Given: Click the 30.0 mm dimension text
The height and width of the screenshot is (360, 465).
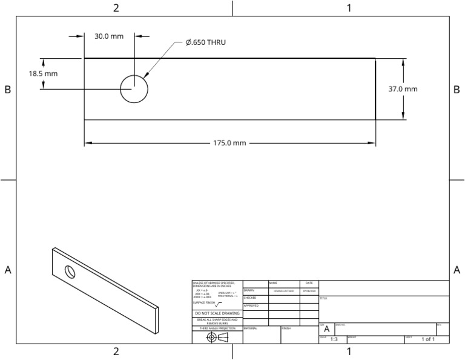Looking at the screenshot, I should click(109, 36).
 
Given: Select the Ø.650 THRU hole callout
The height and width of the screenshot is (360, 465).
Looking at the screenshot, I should click(209, 42).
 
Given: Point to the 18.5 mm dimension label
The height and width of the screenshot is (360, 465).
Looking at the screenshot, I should click(43, 74).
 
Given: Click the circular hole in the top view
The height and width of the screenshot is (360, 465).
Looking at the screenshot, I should click(134, 90).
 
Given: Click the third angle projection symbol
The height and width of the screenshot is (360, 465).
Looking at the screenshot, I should click(217, 337).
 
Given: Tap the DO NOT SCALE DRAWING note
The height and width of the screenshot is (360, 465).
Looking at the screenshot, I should click(217, 313).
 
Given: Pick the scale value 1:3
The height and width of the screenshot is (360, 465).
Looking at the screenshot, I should click(334, 339).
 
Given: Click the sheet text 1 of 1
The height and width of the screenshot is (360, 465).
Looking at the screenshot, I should click(427, 339).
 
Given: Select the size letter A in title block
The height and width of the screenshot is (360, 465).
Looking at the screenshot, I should click(327, 329).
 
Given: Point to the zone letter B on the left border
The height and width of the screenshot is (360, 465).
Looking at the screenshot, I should click(8, 89).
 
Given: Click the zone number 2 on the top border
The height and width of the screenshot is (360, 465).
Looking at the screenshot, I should click(116, 8).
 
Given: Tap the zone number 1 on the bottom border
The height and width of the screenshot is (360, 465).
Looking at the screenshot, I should click(349, 352).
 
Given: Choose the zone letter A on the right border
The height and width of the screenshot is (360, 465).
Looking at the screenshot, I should click(457, 270).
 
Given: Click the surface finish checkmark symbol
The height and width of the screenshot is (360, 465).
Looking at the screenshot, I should click(219, 304).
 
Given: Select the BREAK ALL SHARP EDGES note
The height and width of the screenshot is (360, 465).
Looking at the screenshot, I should click(217, 321).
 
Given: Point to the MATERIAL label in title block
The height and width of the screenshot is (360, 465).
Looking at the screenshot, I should click(251, 328).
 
